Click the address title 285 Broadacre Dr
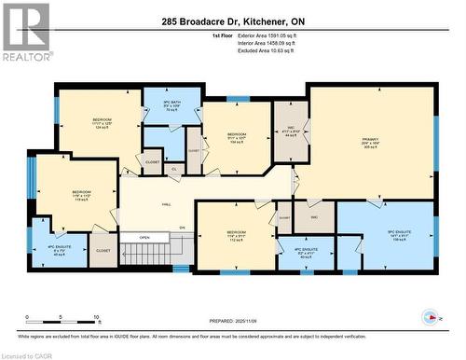(x=231, y=21)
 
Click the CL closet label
(x=174, y=169)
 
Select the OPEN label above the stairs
(x=144, y=237)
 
